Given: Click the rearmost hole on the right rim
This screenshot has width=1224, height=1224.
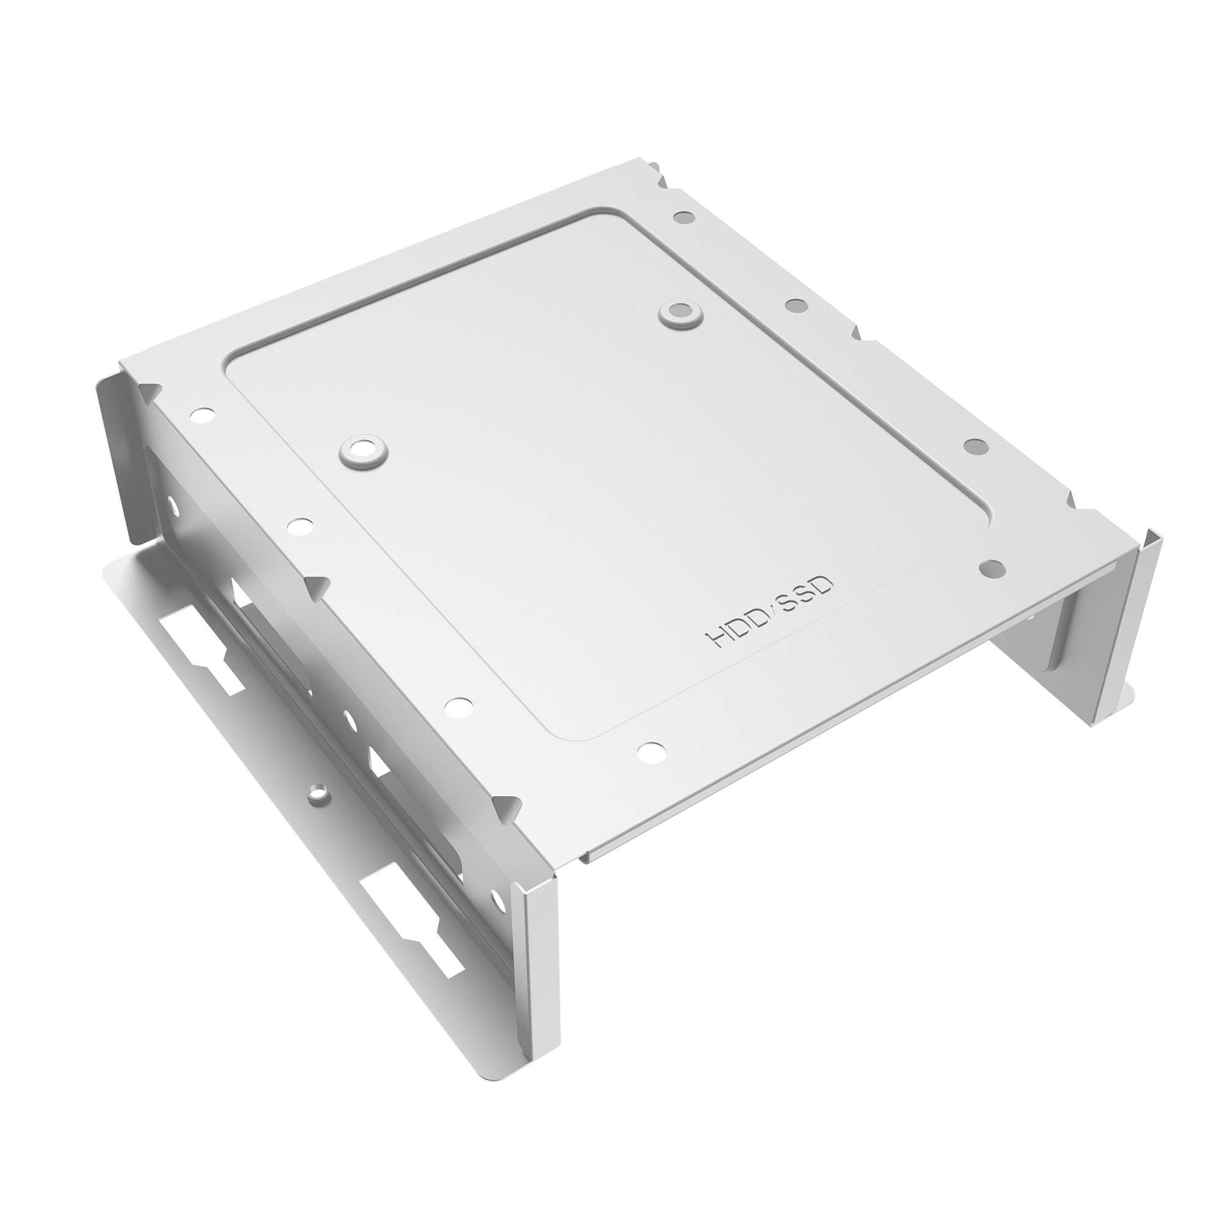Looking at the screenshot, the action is click(684, 217).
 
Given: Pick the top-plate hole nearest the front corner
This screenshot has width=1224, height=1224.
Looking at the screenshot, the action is click(652, 753).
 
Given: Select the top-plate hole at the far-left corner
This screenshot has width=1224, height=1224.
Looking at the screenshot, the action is click(202, 416).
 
